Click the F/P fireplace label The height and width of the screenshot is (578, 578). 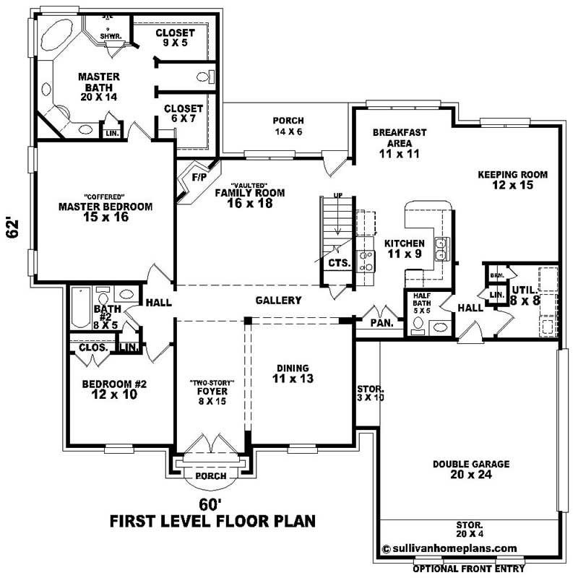pos(198,177)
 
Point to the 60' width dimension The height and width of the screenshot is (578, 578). pos(210,503)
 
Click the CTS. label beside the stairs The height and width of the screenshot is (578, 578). pos(339,264)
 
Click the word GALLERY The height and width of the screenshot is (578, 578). pos(278,301)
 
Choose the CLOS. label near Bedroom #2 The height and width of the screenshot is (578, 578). pos(92,348)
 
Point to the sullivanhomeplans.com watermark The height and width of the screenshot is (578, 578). pos(449,548)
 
